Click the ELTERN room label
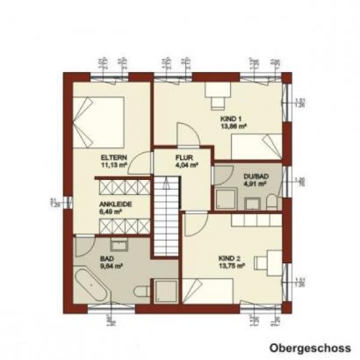tap(113, 157)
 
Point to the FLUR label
tap(182, 158)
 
